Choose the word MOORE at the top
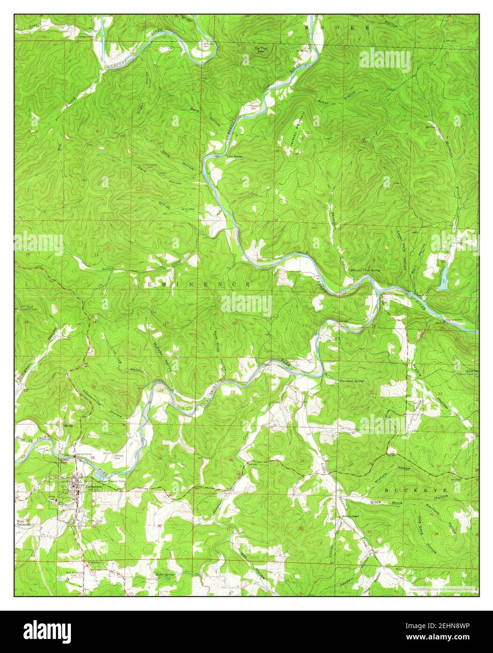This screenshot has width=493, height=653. [x=336, y=28]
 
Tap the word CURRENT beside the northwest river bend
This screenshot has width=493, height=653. [x=118, y=64]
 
